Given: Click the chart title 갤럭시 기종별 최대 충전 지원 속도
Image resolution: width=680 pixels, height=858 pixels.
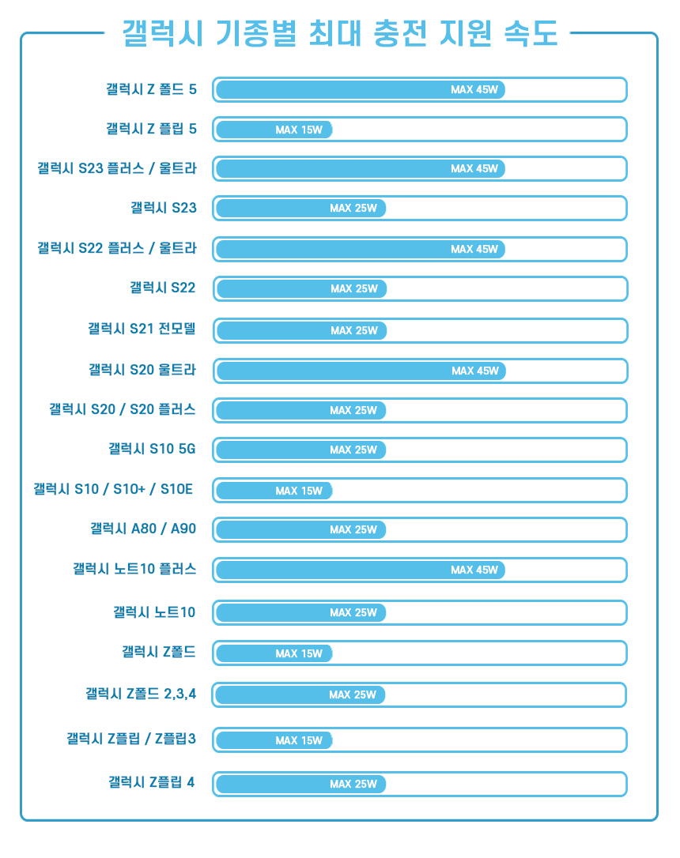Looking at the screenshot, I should [x=340, y=33].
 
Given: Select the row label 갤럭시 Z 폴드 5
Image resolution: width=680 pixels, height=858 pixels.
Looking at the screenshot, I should [x=151, y=89].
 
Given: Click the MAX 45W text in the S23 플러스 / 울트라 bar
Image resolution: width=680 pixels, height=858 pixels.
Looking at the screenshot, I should [x=474, y=168].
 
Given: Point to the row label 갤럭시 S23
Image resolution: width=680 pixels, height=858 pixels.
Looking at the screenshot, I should [x=164, y=209].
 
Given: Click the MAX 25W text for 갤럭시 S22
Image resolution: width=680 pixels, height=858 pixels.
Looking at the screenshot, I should [x=354, y=289].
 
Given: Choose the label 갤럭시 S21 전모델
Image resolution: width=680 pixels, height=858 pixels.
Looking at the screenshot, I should [x=142, y=329].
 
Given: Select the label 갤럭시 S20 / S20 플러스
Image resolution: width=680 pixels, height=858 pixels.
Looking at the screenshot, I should [x=123, y=409].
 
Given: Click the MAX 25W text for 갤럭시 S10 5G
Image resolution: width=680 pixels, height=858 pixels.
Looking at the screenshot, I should [x=353, y=450].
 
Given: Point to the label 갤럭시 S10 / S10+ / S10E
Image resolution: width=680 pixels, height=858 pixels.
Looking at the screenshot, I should [x=113, y=490].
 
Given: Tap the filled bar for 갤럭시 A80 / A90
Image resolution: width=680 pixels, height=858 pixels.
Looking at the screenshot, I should [x=300, y=529].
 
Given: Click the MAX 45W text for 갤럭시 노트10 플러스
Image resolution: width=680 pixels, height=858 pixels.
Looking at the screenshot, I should [x=474, y=570].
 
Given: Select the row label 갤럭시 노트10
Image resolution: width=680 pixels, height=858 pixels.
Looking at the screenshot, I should [x=154, y=612].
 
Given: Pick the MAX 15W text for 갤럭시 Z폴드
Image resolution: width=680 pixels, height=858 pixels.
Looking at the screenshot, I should [x=299, y=654].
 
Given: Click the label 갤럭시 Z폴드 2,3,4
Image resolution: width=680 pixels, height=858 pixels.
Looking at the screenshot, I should [x=141, y=694].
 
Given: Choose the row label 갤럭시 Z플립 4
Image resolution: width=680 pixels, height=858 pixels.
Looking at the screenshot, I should [x=151, y=783].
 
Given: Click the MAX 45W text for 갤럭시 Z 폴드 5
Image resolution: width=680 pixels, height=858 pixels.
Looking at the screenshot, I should [x=474, y=89].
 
